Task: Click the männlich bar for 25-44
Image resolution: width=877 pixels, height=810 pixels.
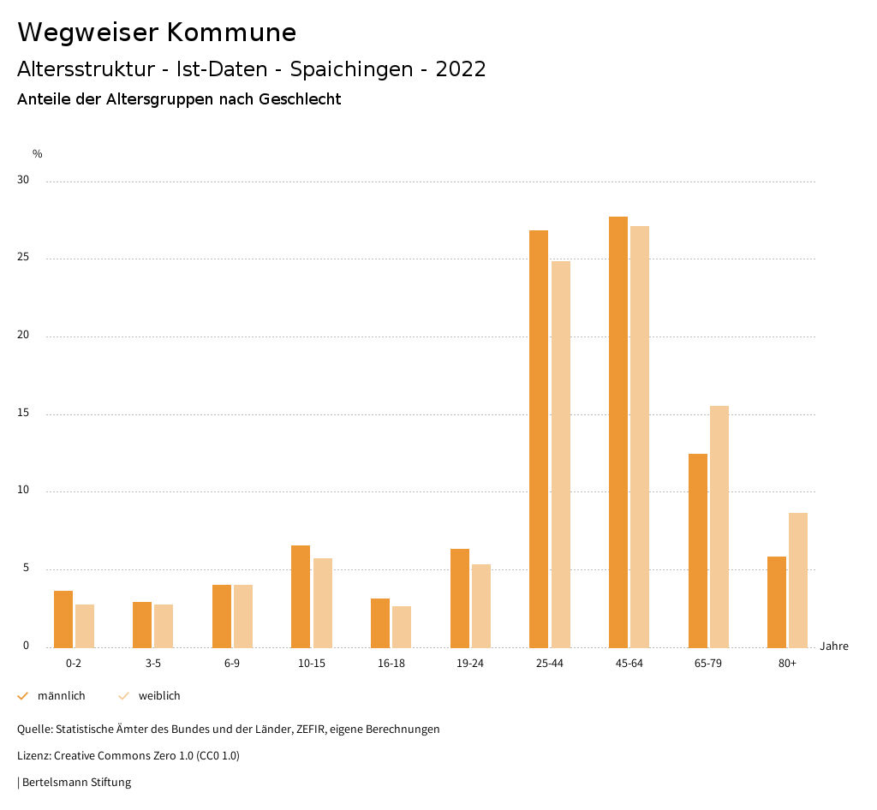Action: [539, 438]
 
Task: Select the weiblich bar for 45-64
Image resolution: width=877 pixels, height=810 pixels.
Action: [640, 437]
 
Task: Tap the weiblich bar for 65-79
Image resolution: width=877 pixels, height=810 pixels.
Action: [719, 527]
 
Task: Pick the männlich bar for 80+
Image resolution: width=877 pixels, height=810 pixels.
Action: [777, 602]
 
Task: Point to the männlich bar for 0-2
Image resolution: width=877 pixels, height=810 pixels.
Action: [63, 619]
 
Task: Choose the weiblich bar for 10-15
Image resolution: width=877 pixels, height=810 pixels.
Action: [323, 603]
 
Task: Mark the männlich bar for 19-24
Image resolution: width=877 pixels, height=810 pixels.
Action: [460, 598]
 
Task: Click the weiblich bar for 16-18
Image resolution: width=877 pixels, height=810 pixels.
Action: [402, 627]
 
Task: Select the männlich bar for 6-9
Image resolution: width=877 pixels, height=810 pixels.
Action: [222, 616]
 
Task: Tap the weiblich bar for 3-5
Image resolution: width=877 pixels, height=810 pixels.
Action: [164, 626]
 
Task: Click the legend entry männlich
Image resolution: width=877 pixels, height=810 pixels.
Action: [61, 696]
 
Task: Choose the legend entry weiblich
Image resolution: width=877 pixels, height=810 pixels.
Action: [159, 696]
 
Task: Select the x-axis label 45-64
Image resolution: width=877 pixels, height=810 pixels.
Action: [629, 664]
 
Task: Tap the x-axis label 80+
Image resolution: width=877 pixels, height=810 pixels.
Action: [788, 664]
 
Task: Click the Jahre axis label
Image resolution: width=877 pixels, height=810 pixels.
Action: [834, 646]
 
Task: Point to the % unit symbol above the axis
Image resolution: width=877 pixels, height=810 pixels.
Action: [38, 154]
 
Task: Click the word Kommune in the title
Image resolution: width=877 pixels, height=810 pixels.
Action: [231, 33]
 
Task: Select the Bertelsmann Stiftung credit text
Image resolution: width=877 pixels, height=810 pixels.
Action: [76, 783]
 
